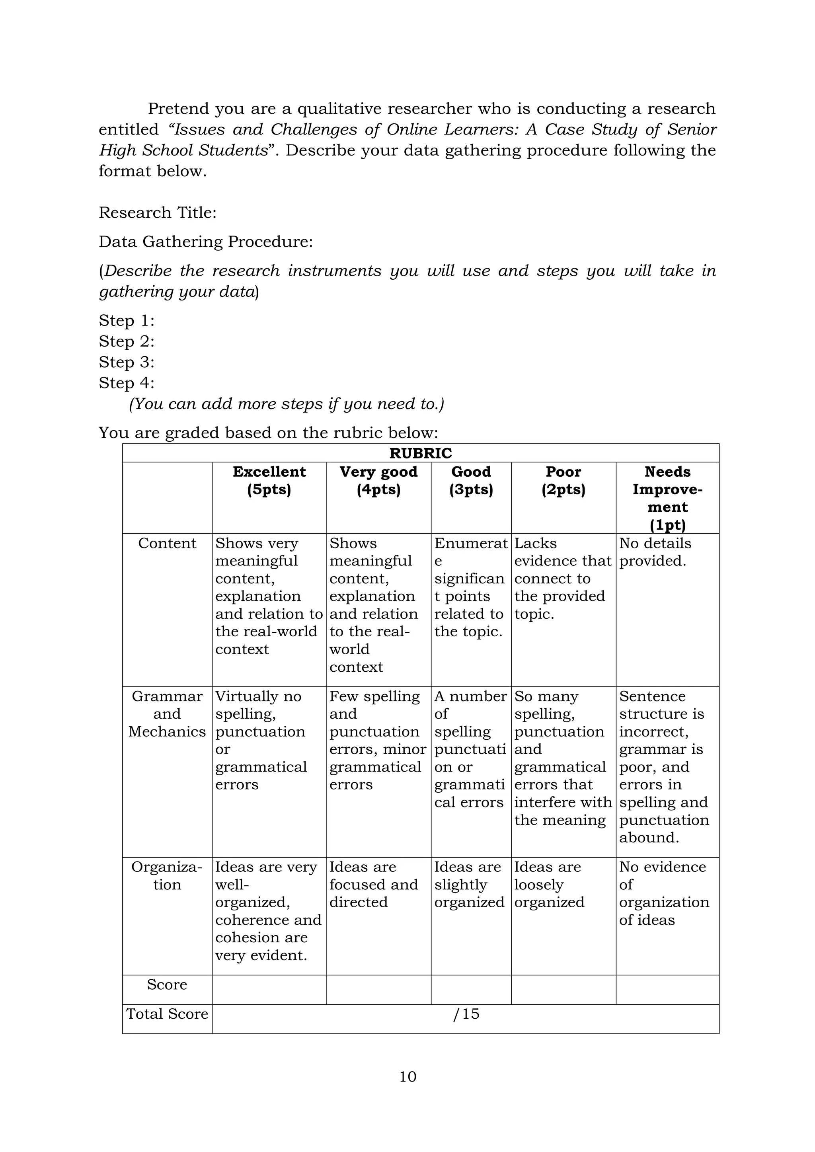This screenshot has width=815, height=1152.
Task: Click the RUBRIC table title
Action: (421, 453)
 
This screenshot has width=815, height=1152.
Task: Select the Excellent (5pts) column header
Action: (269, 481)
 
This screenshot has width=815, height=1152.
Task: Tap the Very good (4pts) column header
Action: (378, 481)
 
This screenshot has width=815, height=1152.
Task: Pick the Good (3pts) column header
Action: (471, 481)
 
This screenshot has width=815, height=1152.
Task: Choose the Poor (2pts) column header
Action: (563, 481)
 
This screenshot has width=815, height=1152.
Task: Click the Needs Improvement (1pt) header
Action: (667, 498)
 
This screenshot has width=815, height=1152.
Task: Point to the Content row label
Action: (167, 544)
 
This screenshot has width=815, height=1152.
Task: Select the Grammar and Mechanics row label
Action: (167, 713)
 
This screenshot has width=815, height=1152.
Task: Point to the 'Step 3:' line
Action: (127, 362)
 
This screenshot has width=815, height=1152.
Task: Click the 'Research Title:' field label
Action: (158, 213)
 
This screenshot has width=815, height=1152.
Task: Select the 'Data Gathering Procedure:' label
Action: (206, 242)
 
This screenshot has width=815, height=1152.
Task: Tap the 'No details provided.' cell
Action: (655, 552)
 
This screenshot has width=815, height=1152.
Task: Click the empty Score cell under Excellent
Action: (269, 990)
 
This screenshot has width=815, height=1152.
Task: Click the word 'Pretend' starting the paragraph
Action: (178, 109)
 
